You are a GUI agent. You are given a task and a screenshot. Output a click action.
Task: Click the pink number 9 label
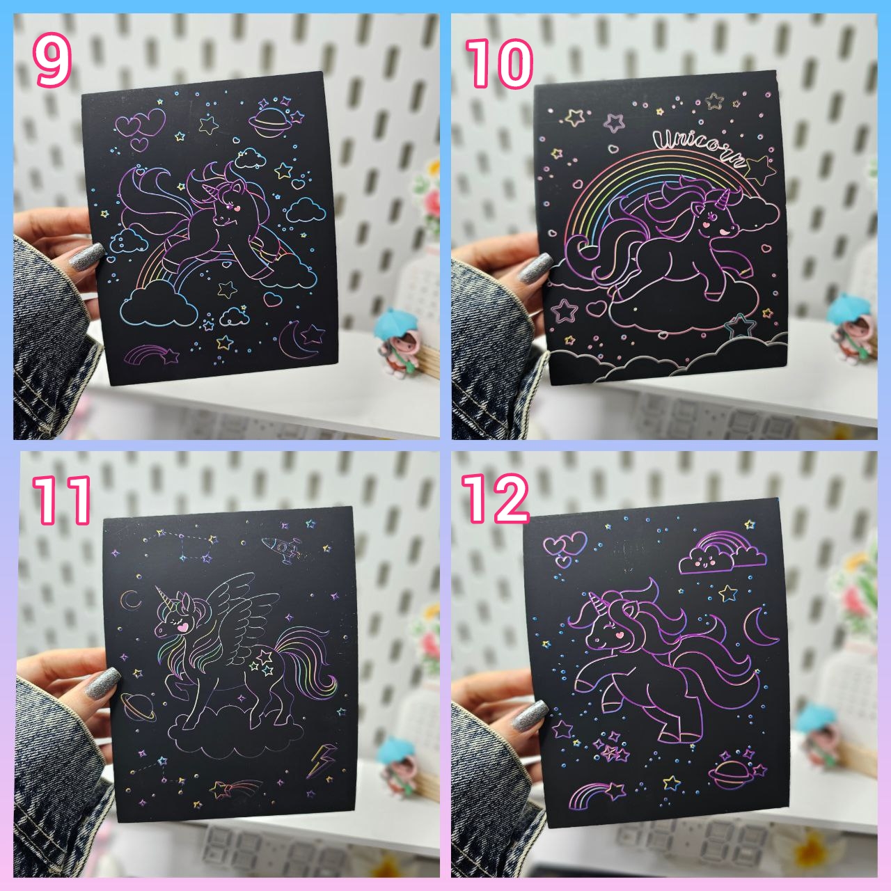(52, 63)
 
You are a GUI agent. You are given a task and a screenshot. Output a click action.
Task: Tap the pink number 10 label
(499, 63)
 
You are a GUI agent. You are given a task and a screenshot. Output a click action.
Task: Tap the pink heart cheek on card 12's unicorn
(618, 636)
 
